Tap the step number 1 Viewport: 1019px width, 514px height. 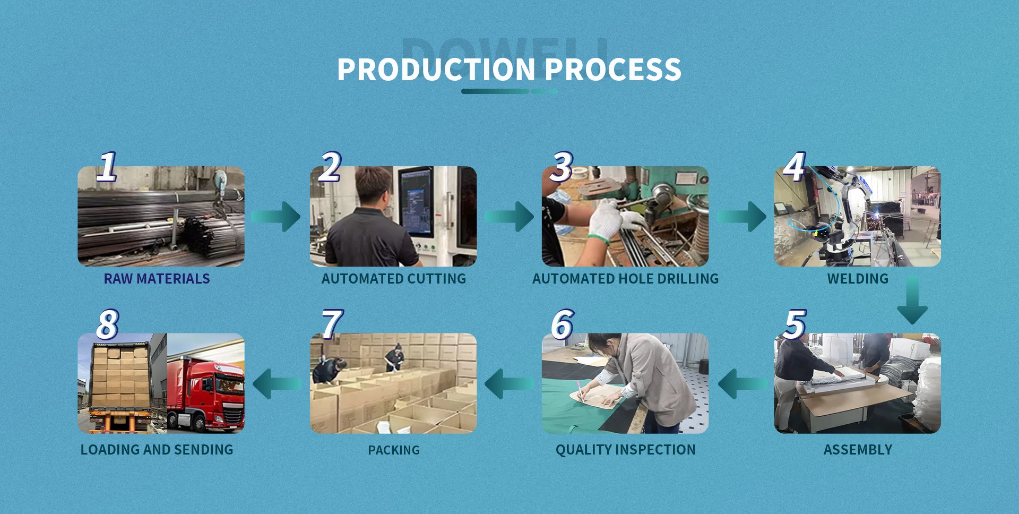point(107,166)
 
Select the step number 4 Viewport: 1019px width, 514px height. point(795,166)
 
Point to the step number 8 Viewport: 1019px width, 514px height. point(108,324)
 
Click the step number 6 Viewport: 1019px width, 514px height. point(563,324)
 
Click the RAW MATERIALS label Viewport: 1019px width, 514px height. point(157,279)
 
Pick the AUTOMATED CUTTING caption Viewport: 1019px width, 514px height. point(394,279)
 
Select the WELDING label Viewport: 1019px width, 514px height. point(858,279)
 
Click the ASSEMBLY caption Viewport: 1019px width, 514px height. point(858,450)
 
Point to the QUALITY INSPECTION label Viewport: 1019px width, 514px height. point(625,450)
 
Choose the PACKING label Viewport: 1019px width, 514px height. point(394,450)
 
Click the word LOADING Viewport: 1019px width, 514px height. point(110,450)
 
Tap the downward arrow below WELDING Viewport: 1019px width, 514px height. point(912,299)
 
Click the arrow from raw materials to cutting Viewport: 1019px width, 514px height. point(276,216)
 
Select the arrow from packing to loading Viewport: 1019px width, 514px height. point(277,383)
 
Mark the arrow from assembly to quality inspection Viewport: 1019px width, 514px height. point(742,383)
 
